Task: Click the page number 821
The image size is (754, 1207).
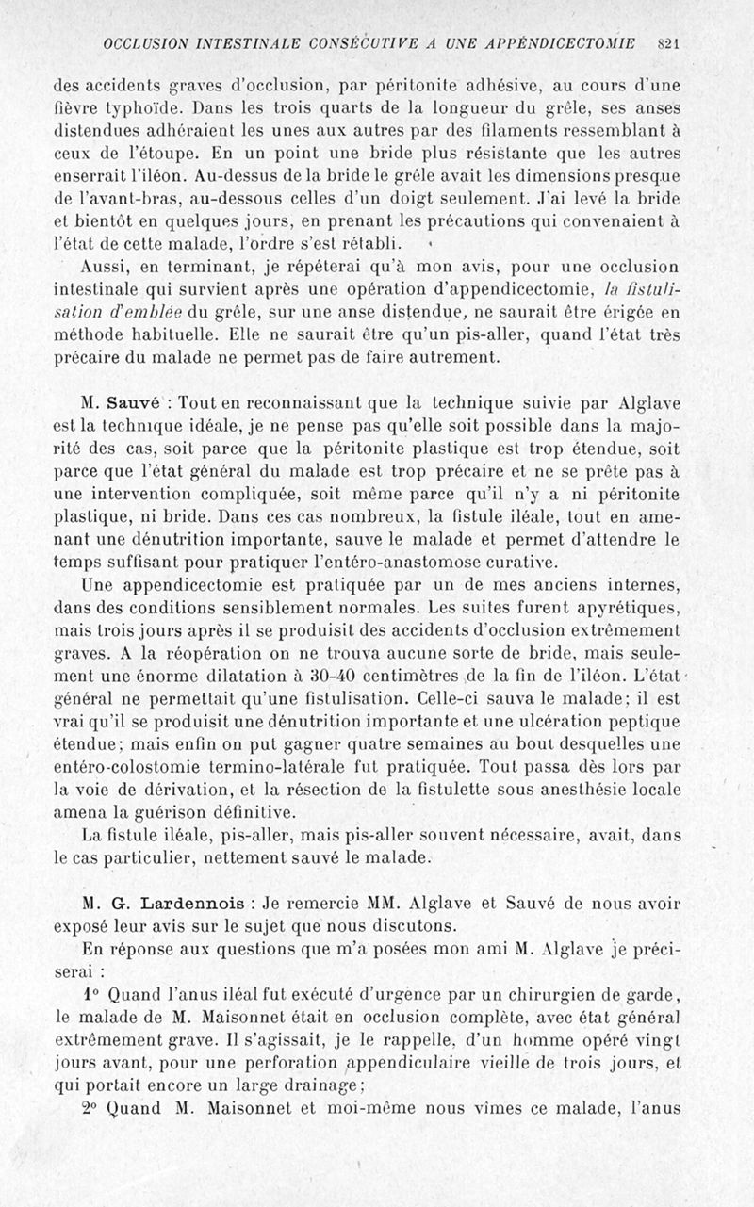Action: pos(670,43)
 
